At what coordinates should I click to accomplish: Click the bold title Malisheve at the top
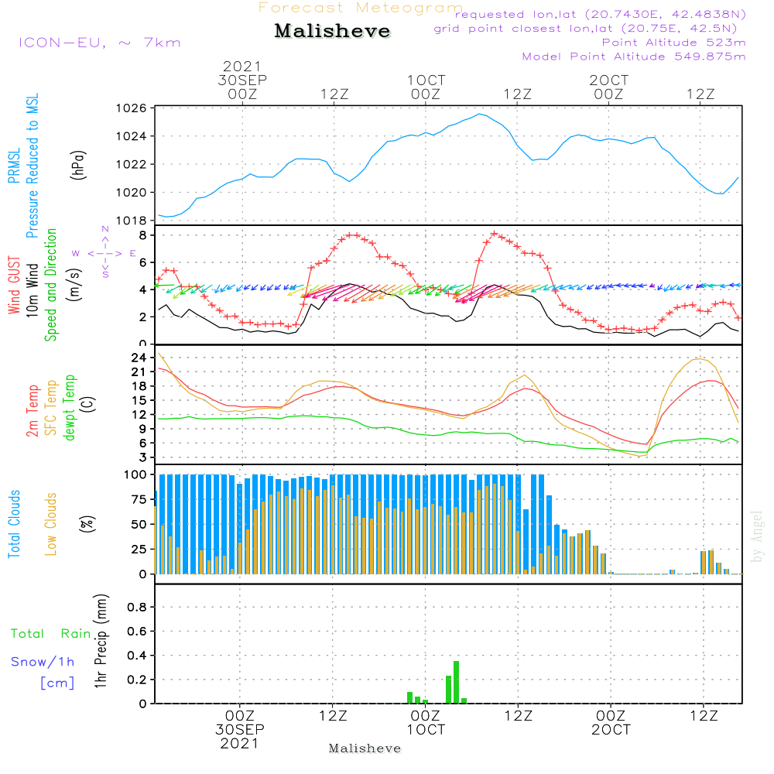coord(332,31)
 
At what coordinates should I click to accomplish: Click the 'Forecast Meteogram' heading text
coord(361,9)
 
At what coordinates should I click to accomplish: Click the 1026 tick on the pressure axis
coord(133,108)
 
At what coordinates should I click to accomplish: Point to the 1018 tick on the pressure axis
coord(133,221)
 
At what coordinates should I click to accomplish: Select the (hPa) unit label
coord(78,164)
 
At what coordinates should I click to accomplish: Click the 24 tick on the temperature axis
coord(139,358)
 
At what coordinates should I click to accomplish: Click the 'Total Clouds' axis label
coord(15,524)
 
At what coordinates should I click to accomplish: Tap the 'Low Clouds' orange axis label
coord(51,524)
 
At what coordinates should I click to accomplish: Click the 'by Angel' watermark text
coord(757,536)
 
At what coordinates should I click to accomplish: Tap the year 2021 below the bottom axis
coord(240,744)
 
